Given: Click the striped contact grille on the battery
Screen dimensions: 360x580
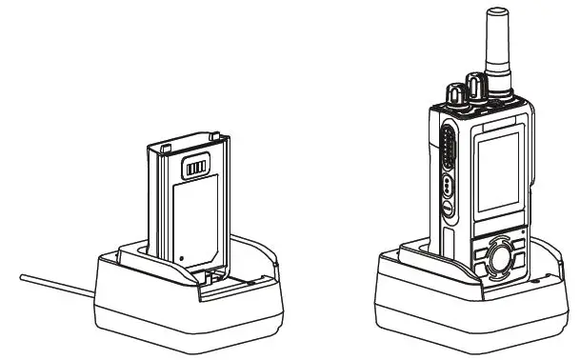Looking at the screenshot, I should point(194,168).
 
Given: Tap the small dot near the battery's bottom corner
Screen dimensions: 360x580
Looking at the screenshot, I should point(181,255).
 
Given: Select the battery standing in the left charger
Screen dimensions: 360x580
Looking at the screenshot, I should point(190,205).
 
